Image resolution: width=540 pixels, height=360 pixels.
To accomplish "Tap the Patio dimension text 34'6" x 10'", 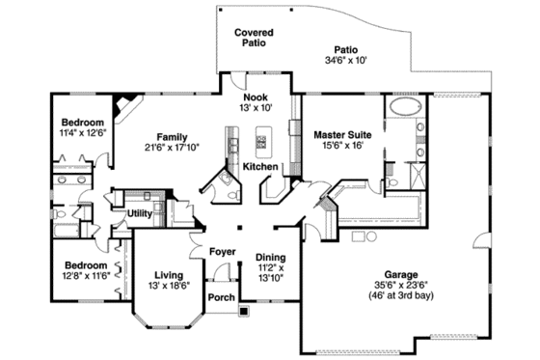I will pos(345,60).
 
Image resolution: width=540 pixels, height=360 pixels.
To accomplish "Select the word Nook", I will pos(256,97).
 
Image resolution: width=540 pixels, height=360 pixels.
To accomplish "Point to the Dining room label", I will pos(270,257).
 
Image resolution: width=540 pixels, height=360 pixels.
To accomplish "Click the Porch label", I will pos(222,296).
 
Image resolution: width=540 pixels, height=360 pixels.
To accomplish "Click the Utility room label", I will pos(138,213).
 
